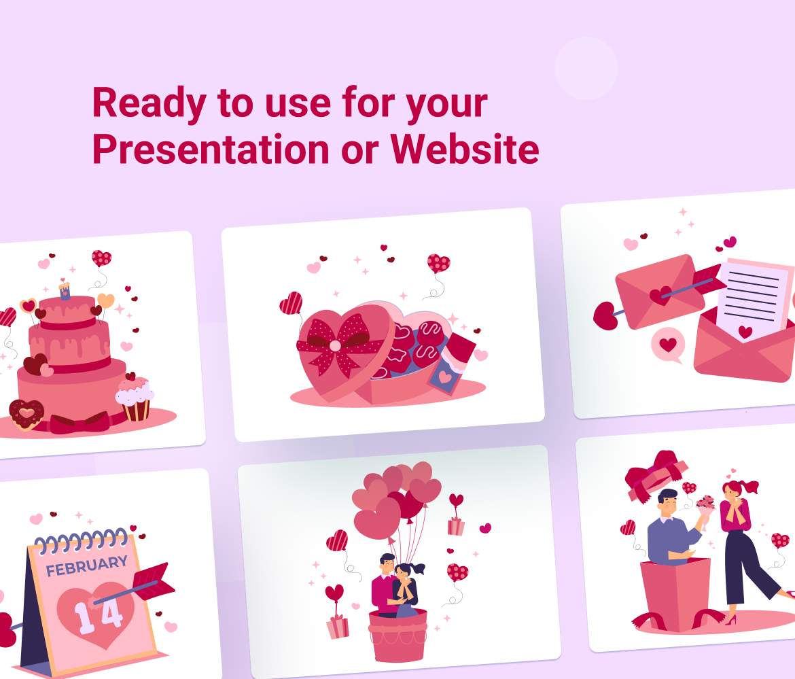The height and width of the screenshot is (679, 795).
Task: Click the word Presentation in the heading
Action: coord(211,149)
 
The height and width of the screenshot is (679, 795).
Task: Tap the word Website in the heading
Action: coord(464,149)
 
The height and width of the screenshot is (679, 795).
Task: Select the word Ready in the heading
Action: coord(149,103)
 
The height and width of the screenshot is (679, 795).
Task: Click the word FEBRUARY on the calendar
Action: coord(87,565)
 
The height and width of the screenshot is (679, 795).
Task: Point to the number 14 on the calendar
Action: coord(99,614)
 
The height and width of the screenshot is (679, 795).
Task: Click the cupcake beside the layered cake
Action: coord(135,398)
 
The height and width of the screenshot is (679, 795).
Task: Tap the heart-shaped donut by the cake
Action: coord(26,415)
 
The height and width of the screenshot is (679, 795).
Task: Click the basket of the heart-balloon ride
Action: coord(398,636)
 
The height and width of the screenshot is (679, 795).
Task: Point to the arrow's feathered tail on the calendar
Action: coord(153,581)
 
